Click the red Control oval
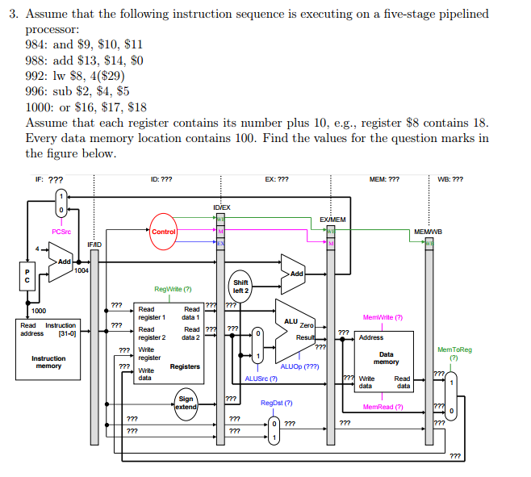tap(164, 232)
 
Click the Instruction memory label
tap(48, 362)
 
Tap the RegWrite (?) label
tap(173, 289)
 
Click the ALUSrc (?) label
tap(261, 379)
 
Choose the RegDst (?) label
tap(276, 403)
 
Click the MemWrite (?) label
tap(383, 318)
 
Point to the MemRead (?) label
tap(383, 407)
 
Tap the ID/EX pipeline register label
tap(222, 207)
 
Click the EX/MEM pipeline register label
tap(332, 220)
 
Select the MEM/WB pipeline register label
tap(427, 232)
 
